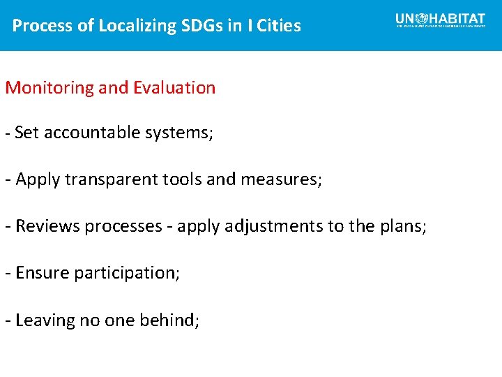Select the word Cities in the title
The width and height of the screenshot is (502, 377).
point(278,26)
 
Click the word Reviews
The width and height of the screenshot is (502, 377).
point(43,226)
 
